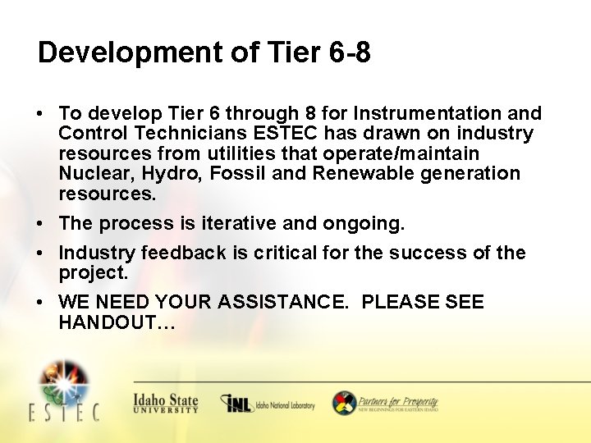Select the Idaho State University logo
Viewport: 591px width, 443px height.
(x=166, y=403)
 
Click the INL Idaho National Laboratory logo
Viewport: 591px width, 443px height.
(x=268, y=404)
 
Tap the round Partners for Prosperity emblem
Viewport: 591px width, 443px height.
(x=344, y=403)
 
